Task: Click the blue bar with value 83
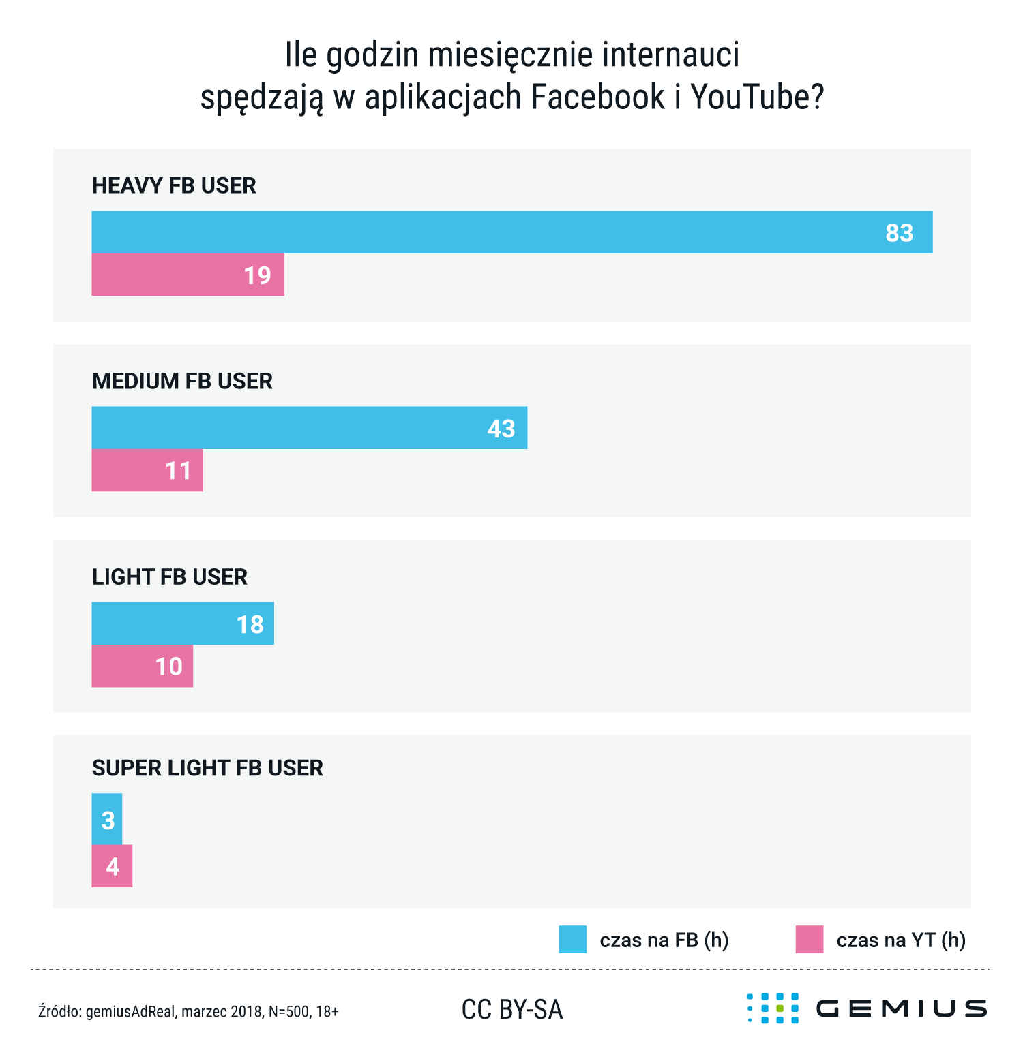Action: [512, 232]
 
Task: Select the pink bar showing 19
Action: [188, 275]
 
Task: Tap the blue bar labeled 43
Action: [309, 428]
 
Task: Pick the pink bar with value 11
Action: [147, 470]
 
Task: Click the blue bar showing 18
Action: [183, 623]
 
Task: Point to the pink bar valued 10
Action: [142, 666]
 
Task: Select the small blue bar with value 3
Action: [107, 819]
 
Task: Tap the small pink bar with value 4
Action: [112, 866]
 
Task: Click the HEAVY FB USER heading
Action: [174, 185]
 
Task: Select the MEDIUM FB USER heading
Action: [182, 381]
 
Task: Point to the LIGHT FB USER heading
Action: [169, 576]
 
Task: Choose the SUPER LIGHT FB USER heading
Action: [207, 768]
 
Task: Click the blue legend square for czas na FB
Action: [572, 940]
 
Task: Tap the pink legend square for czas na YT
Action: [810, 940]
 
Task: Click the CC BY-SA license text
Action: [512, 1010]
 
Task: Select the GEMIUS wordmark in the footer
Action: [901, 1008]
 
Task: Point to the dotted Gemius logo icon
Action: [773, 1008]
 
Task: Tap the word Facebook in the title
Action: [597, 97]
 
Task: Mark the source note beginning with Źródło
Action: [188, 1011]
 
